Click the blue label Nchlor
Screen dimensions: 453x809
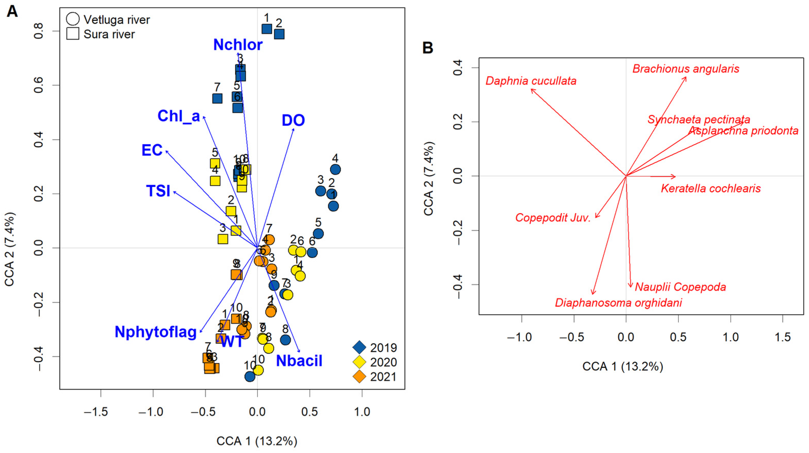(238, 45)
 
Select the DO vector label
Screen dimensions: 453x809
(293, 120)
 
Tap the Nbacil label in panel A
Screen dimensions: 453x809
(299, 361)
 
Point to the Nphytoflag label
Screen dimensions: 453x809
(156, 332)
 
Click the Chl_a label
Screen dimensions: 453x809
(179, 116)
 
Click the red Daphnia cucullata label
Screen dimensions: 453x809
(531, 81)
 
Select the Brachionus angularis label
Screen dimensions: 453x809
(686, 69)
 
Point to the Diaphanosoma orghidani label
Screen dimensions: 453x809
(618, 303)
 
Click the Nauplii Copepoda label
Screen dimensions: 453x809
(680, 287)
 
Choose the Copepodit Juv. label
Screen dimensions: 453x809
(553, 218)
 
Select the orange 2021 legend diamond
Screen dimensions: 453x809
(359, 377)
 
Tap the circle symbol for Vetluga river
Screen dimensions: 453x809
(73, 19)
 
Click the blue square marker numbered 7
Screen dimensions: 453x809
(217, 98)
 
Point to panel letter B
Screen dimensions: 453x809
(428, 48)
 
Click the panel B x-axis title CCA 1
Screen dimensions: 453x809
(622, 367)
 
